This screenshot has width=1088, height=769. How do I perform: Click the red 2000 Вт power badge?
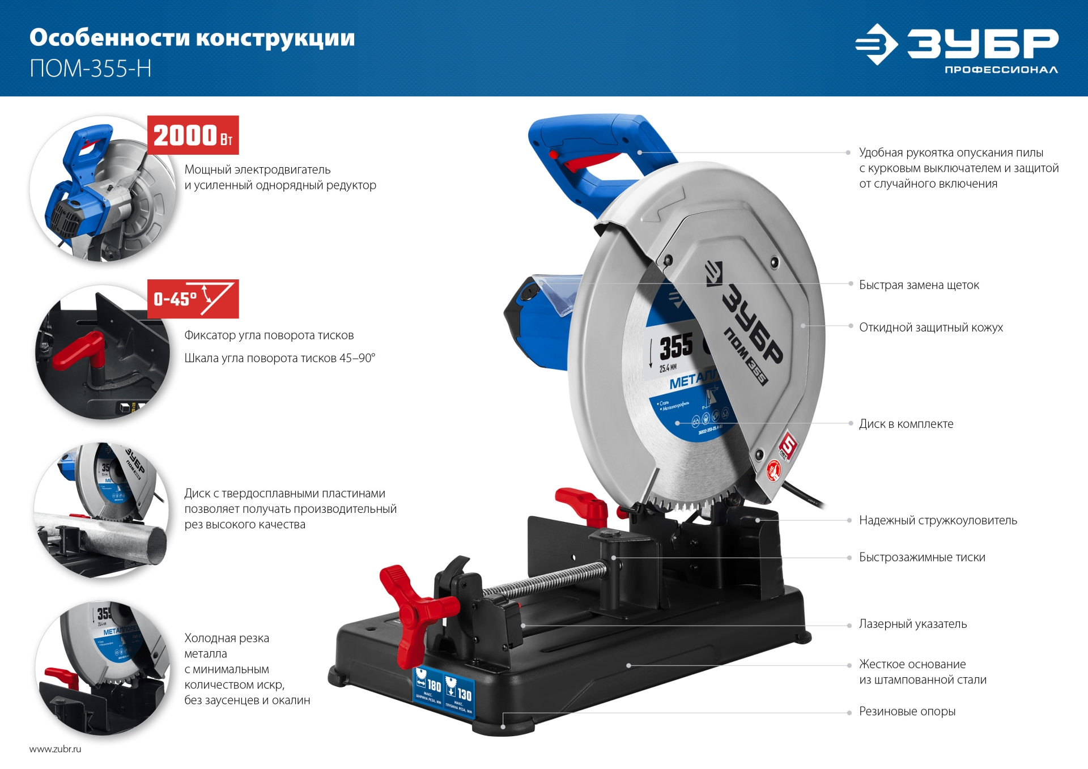[x=193, y=135]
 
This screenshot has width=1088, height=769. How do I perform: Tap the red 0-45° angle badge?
[x=193, y=299]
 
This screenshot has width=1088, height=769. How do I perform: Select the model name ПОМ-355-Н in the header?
[x=91, y=69]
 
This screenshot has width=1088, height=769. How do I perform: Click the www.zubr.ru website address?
[x=55, y=749]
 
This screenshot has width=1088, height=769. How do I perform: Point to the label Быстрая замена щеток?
[x=919, y=285]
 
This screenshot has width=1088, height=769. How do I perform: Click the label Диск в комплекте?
[x=906, y=424]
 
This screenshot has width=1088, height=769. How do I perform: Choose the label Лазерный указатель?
[x=912, y=624]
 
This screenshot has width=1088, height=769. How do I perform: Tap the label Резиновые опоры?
[x=907, y=711]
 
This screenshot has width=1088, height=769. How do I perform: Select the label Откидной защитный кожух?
[x=930, y=328]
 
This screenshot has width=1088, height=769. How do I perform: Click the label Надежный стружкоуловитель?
[x=937, y=520]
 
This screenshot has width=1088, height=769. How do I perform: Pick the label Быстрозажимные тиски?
[x=921, y=557]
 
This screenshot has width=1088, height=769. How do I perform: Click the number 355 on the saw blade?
[x=676, y=347]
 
